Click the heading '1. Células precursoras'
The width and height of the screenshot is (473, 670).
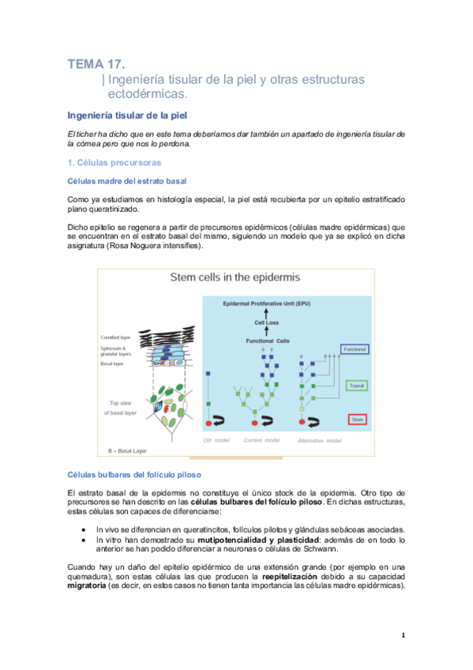tap(114, 163)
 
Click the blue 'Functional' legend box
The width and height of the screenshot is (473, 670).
tap(356, 348)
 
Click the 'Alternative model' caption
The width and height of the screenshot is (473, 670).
tap(319, 440)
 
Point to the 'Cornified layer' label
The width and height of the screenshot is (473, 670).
tap(115, 337)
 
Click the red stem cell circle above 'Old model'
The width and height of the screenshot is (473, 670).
tap(209, 424)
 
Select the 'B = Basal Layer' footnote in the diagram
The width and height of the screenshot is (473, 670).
tap(128, 451)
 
